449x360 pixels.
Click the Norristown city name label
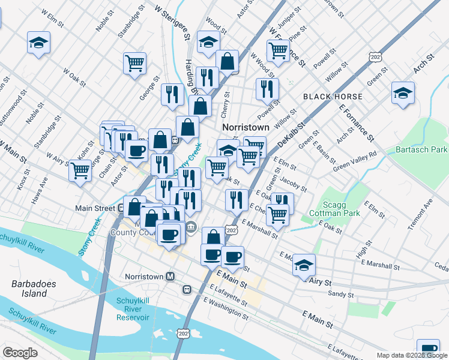pos(246,128)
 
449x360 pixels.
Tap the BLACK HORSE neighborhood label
pos(333,97)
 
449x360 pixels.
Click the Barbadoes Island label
pos(29,289)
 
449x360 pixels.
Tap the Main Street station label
pos(95,208)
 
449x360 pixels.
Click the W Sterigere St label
pos(172,24)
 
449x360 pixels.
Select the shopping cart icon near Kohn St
pos(80,170)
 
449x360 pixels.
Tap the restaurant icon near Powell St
pos(267,89)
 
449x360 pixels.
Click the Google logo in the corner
pos(20,353)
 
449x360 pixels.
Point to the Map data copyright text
pos(412,355)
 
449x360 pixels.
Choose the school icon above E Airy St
pos(304,264)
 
